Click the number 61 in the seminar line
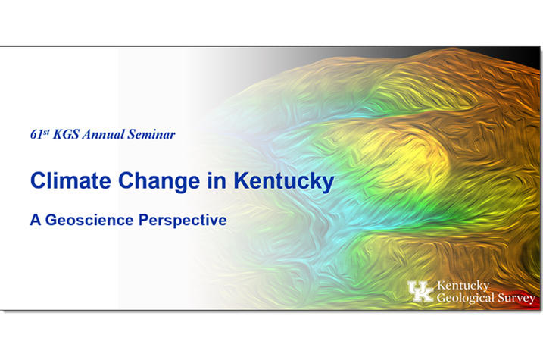point(36,135)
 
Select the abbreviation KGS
point(66,134)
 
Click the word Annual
point(103,134)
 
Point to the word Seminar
point(151,134)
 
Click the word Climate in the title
point(70,180)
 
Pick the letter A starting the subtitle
point(36,220)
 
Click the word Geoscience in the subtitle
point(89,220)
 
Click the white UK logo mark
point(420,291)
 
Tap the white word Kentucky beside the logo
point(463,286)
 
